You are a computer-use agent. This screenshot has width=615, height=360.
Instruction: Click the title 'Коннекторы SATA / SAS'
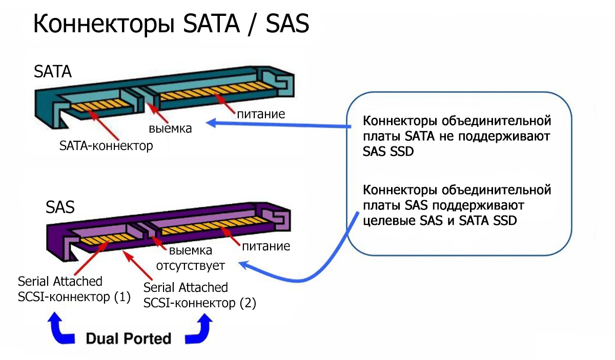(x=171, y=24)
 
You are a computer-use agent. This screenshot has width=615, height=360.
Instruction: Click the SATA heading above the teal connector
(x=53, y=71)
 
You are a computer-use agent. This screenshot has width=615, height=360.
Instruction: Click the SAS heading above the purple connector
(x=60, y=207)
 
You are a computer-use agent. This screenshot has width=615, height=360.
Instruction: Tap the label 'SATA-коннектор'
(x=106, y=146)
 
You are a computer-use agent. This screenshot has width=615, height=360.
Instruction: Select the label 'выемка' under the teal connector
(x=170, y=128)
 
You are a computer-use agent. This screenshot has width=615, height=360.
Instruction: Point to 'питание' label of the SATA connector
(x=260, y=113)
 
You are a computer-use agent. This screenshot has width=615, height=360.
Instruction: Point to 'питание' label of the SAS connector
(x=265, y=246)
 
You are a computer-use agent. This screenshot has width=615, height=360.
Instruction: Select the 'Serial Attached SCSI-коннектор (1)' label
(x=74, y=289)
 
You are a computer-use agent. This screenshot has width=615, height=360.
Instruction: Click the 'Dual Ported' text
(x=128, y=338)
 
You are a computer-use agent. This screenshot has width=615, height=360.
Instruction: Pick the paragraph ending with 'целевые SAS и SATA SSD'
(x=456, y=206)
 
